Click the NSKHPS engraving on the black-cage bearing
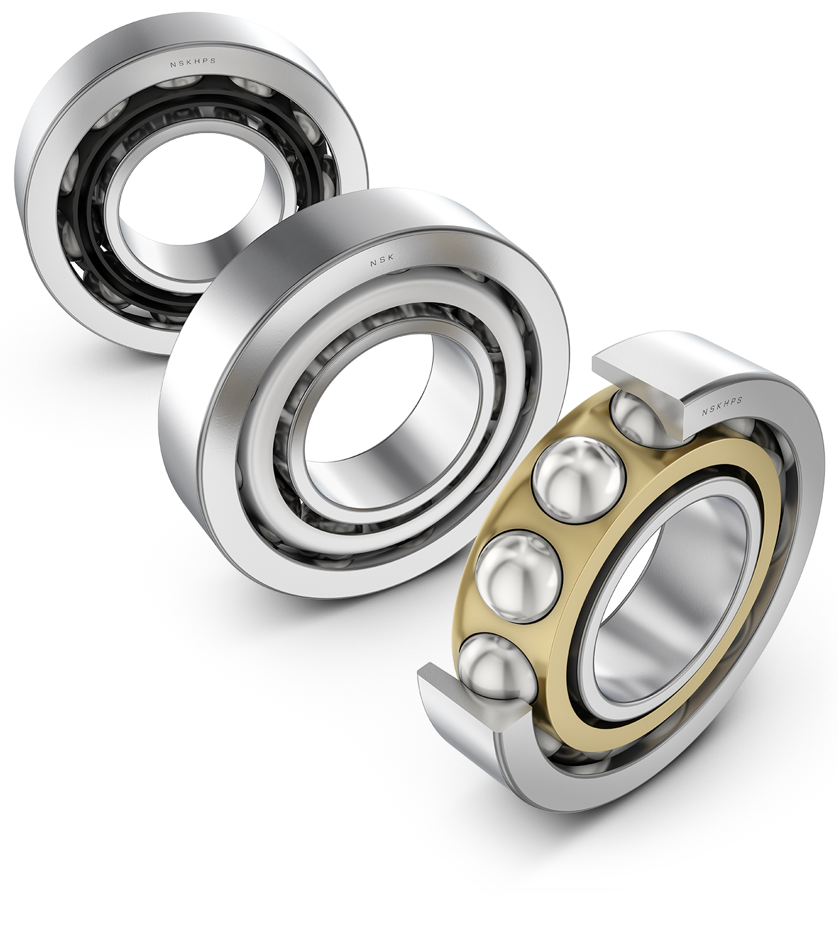[192, 63]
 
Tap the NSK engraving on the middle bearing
[382, 263]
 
